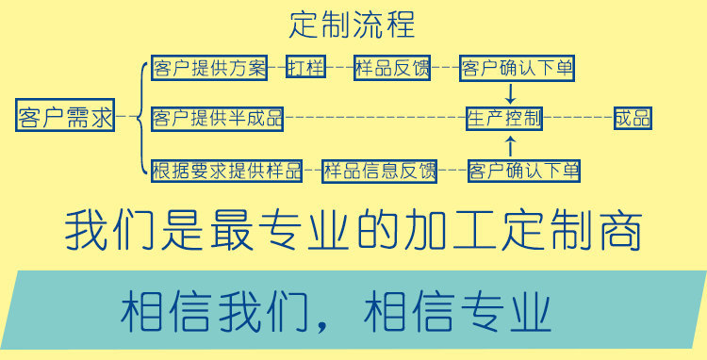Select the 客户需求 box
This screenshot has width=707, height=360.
coord(65,118)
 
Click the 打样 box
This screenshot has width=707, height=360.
coord(306,68)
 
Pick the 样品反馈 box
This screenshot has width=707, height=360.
coord(392,68)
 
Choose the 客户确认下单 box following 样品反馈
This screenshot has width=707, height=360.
coord(516,68)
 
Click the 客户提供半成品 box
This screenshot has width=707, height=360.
coord(217,118)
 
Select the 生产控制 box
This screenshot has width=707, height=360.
coord(504,118)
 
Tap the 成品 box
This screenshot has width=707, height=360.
coord(632,118)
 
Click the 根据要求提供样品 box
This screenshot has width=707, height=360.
coord(226,171)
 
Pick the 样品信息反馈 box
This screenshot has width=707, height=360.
coord(379,171)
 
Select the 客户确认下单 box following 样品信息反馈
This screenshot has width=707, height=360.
coord(523,171)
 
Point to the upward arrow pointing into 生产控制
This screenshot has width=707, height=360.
coord(510,145)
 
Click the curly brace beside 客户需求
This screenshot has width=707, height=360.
coord(140,118)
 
